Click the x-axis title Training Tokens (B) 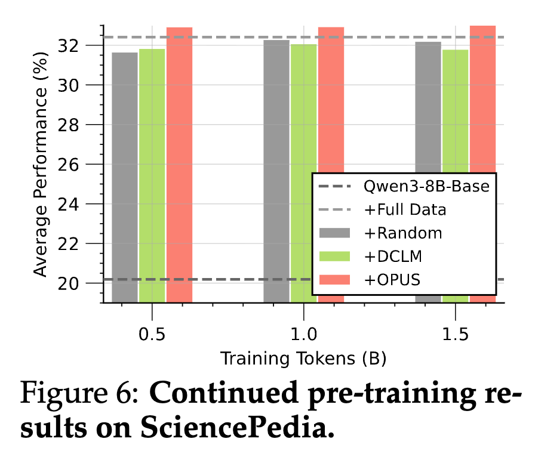(303, 359)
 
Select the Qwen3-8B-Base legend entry (426, 186)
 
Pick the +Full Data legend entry (405, 209)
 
